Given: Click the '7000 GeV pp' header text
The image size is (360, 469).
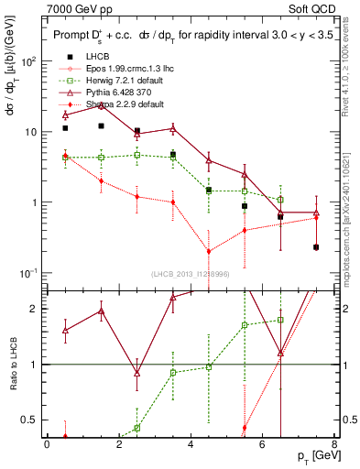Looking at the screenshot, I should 75,8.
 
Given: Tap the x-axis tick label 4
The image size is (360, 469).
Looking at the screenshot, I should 190,443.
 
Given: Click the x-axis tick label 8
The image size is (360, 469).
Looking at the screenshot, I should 333,443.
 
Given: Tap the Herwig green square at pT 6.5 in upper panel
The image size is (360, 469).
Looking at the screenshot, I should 280,200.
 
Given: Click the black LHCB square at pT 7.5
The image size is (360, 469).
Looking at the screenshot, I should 316,247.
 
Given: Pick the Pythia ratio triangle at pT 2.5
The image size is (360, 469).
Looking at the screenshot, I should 136,374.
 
